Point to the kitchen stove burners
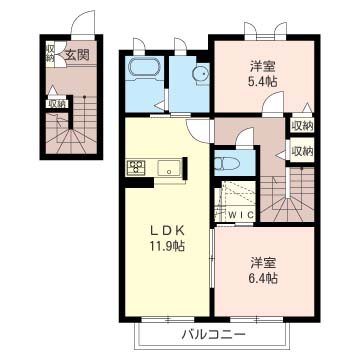click(136, 167)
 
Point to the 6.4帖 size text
click(264, 280)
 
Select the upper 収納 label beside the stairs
click(301, 126)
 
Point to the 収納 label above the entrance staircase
click(57, 102)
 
